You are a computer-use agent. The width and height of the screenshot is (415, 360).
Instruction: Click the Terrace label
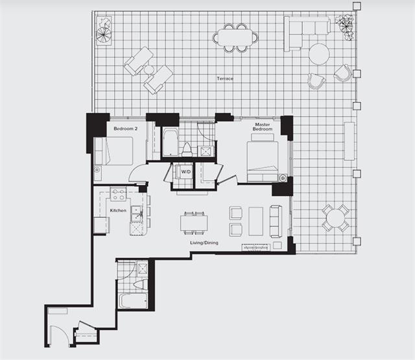coord(225,78)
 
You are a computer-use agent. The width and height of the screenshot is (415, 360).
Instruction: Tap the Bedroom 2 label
coord(125,128)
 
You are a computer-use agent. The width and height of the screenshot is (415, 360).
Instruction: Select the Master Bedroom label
coord(263,126)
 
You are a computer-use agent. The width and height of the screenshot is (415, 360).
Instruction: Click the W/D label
coord(186,172)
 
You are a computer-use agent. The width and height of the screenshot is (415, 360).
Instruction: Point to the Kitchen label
coord(118,210)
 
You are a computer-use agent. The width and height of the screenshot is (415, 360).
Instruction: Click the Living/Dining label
coord(204,243)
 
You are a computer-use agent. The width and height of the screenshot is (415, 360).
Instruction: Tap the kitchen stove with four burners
coord(118,194)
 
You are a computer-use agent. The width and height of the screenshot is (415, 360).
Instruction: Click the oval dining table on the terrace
coord(235,38)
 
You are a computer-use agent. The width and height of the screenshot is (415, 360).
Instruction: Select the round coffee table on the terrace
coord(319,54)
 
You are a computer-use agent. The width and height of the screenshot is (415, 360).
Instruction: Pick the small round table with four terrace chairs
coord(335,219)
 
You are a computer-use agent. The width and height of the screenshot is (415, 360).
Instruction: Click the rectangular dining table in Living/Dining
coord(194,223)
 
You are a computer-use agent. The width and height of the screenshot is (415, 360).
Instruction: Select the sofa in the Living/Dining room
coord(276,221)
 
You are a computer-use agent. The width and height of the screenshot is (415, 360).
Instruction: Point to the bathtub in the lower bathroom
coord(133,301)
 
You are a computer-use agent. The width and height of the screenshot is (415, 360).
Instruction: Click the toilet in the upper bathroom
coord(187,150)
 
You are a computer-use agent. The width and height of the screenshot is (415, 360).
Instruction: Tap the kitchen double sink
coord(137,214)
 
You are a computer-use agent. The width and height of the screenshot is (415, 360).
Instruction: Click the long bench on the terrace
coord(350,141)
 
